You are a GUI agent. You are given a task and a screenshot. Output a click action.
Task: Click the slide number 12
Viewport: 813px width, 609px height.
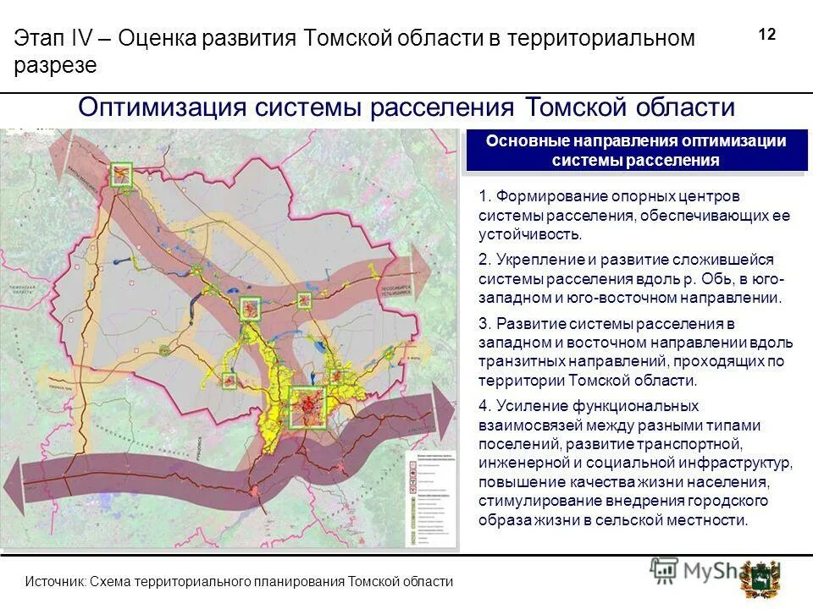click(x=767, y=35)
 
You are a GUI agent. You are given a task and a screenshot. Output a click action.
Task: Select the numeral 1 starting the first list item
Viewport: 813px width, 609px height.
click(x=482, y=196)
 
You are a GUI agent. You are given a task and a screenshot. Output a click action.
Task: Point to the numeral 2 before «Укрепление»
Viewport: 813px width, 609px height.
click(x=483, y=260)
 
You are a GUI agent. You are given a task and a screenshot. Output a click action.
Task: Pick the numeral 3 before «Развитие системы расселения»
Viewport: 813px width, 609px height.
click(x=483, y=324)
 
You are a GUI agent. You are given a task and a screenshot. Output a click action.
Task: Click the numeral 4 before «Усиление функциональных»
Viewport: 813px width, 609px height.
click(x=483, y=407)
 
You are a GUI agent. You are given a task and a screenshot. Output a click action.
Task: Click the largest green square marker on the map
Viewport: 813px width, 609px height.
click(x=308, y=406)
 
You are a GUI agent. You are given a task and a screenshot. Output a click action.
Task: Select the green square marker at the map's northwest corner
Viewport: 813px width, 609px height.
click(x=121, y=175)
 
